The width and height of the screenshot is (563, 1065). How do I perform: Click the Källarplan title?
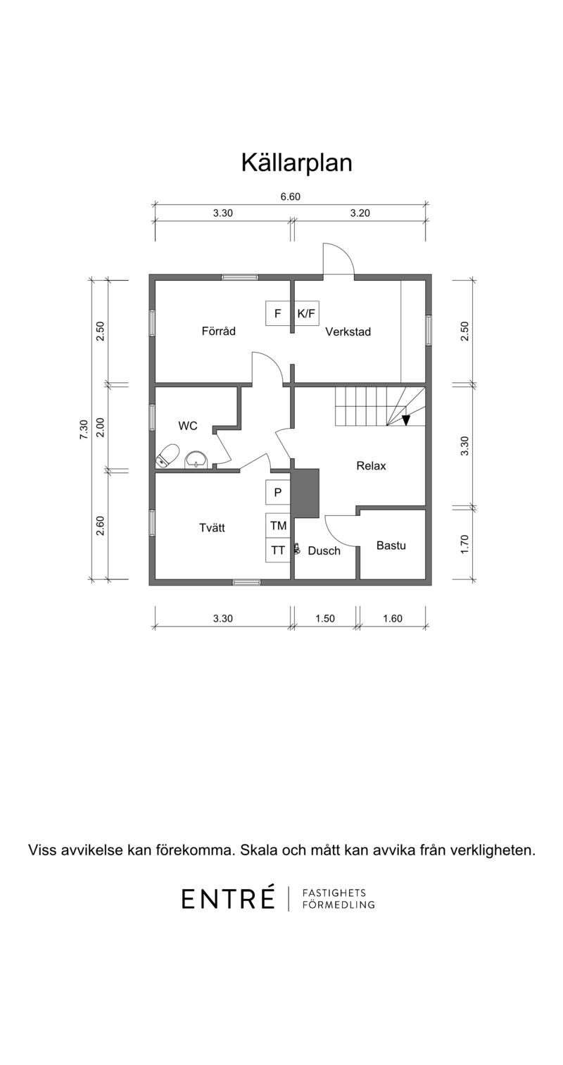(x=296, y=163)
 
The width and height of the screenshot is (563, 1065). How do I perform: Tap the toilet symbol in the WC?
(x=167, y=456)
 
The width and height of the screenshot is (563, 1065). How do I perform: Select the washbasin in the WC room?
(x=196, y=460)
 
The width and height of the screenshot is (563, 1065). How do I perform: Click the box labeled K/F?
(x=305, y=314)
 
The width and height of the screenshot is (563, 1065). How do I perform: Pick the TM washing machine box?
(x=278, y=525)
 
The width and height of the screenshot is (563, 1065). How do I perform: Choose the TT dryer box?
(x=278, y=550)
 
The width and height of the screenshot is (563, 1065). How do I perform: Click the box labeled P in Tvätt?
(x=278, y=493)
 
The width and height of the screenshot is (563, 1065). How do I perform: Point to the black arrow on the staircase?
(x=405, y=420)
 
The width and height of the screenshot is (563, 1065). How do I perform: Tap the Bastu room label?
(x=391, y=546)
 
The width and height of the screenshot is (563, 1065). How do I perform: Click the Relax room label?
(x=371, y=466)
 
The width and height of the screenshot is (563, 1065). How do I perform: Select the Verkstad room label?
(x=348, y=332)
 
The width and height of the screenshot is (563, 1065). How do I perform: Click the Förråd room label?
(x=218, y=331)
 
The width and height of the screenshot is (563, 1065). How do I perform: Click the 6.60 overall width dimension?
(x=290, y=197)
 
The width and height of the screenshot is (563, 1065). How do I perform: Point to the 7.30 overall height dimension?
(x=84, y=430)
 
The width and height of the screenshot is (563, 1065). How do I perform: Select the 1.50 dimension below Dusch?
(x=324, y=619)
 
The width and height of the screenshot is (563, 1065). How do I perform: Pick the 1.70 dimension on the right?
(x=464, y=544)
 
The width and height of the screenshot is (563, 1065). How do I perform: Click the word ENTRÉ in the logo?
(x=228, y=898)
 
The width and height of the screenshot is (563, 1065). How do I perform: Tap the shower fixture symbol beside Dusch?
(x=298, y=550)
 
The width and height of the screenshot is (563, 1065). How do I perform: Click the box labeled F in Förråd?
(x=278, y=314)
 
